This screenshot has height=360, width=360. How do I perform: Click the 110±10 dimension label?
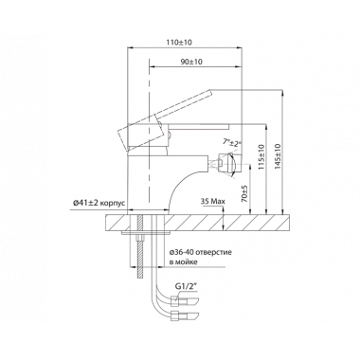[x=180, y=42]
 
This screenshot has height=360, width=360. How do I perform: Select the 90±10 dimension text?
[x=191, y=62]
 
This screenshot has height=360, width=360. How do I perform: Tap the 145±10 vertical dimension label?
[x=278, y=156]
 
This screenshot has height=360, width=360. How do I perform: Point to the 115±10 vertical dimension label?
[x=261, y=157]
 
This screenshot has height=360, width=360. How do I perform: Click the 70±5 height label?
[x=244, y=193]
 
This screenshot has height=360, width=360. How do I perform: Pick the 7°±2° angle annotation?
[x=231, y=142]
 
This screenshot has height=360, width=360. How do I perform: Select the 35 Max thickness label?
[x=213, y=201]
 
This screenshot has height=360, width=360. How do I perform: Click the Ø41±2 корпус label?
[x=99, y=203]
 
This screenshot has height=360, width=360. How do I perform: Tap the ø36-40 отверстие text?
[x=201, y=252]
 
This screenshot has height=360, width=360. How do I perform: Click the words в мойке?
[x=184, y=261]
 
